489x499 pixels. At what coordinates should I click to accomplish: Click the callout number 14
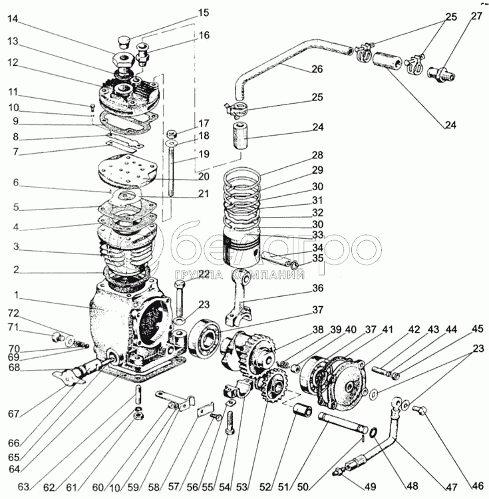click(13, 19)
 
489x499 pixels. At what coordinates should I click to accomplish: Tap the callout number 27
click(476, 16)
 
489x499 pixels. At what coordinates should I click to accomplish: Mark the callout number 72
click(13, 313)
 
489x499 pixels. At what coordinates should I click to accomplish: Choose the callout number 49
click(370, 486)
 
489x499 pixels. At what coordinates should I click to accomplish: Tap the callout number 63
click(24, 487)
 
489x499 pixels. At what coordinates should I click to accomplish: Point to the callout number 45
click(477, 329)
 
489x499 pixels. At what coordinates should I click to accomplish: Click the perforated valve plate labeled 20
click(127, 170)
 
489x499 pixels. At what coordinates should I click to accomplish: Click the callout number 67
click(13, 414)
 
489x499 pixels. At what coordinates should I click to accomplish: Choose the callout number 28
click(317, 155)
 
